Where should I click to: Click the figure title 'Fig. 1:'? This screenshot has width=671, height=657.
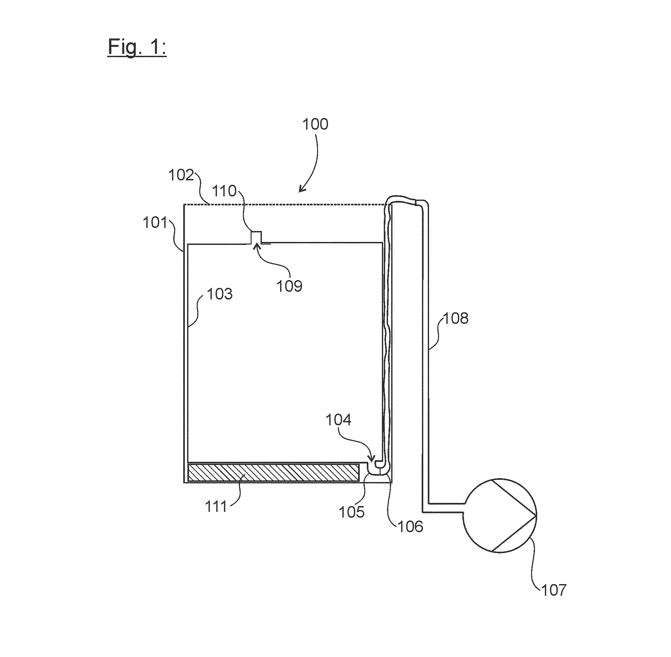pyautogui.click(x=137, y=47)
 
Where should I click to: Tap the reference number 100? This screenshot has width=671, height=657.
pyautogui.click(x=315, y=124)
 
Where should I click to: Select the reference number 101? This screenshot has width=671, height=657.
pyautogui.click(x=155, y=222)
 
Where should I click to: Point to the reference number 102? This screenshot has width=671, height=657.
pyautogui.click(x=181, y=175)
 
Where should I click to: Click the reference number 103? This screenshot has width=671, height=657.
pyautogui.click(x=220, y=294)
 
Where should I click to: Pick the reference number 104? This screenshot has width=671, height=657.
pyautogui.click(x=339, y=420)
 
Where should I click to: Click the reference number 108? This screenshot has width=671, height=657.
pyautogui.click(x=456, y=318)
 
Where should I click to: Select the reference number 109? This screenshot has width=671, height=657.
pyautogui.click(x=290, y=286)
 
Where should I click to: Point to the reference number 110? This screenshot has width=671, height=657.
pyautogui.click(x=224, y=191)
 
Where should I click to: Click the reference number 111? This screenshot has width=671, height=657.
pyautogui.click(x=216, y=507)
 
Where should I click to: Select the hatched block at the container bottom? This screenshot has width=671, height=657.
pyautogui.click(x=273, y=472)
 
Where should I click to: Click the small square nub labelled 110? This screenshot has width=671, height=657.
pyautogui.click(x=256, y=238)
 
